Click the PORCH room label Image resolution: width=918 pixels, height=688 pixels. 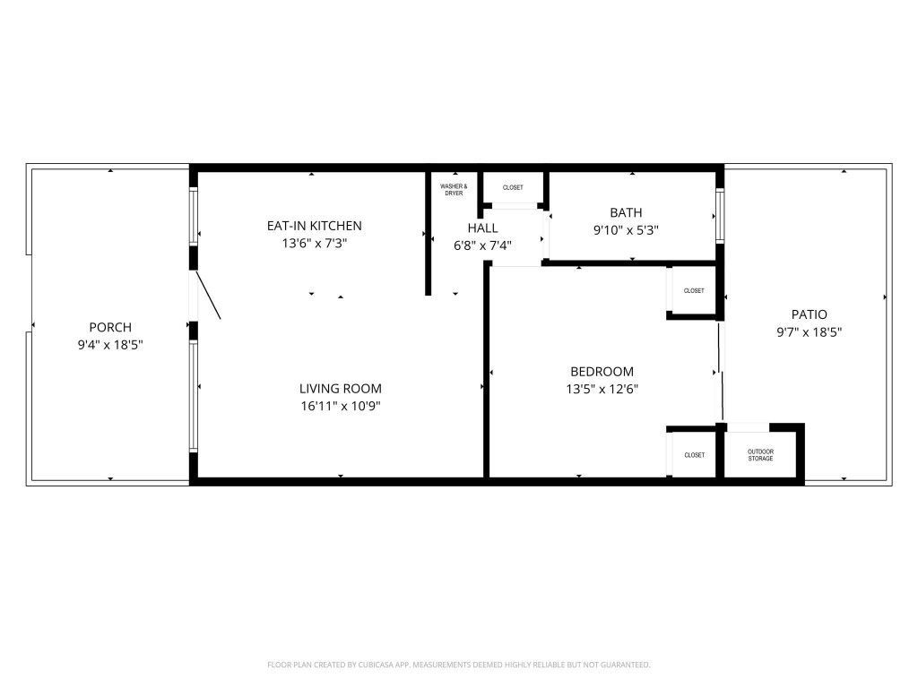tap(110, 327)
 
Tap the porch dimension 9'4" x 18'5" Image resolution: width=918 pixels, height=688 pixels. tap(110, 344)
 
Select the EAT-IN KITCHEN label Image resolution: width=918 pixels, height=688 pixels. tap(314, 226)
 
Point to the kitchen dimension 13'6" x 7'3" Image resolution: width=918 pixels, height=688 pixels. tap(314, 243)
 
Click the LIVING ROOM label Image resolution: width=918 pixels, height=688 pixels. tap(340, 389)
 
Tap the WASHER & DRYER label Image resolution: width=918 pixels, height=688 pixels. tap(454, 190)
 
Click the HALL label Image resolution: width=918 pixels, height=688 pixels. tap(482, 228)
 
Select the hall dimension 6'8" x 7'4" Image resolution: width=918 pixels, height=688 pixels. tap(482, 245)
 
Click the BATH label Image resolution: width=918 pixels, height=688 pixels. tap(626, 212)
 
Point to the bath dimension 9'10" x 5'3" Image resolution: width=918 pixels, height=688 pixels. tap(626, 229)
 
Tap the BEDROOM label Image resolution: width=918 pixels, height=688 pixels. tap(602, 372)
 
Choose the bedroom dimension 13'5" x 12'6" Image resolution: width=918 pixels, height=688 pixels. tap(602, 389)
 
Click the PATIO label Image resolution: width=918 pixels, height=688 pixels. tap(809, 314)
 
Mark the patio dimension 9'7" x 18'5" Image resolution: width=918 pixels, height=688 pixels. tap(809, 331)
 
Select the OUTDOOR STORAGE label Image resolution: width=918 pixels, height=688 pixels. tap(760, 455)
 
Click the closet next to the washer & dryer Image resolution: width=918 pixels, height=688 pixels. tap(513, 187)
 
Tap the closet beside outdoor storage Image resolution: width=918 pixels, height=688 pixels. tap(694, 455)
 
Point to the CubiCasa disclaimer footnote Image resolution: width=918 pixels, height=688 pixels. tap(458, 665)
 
